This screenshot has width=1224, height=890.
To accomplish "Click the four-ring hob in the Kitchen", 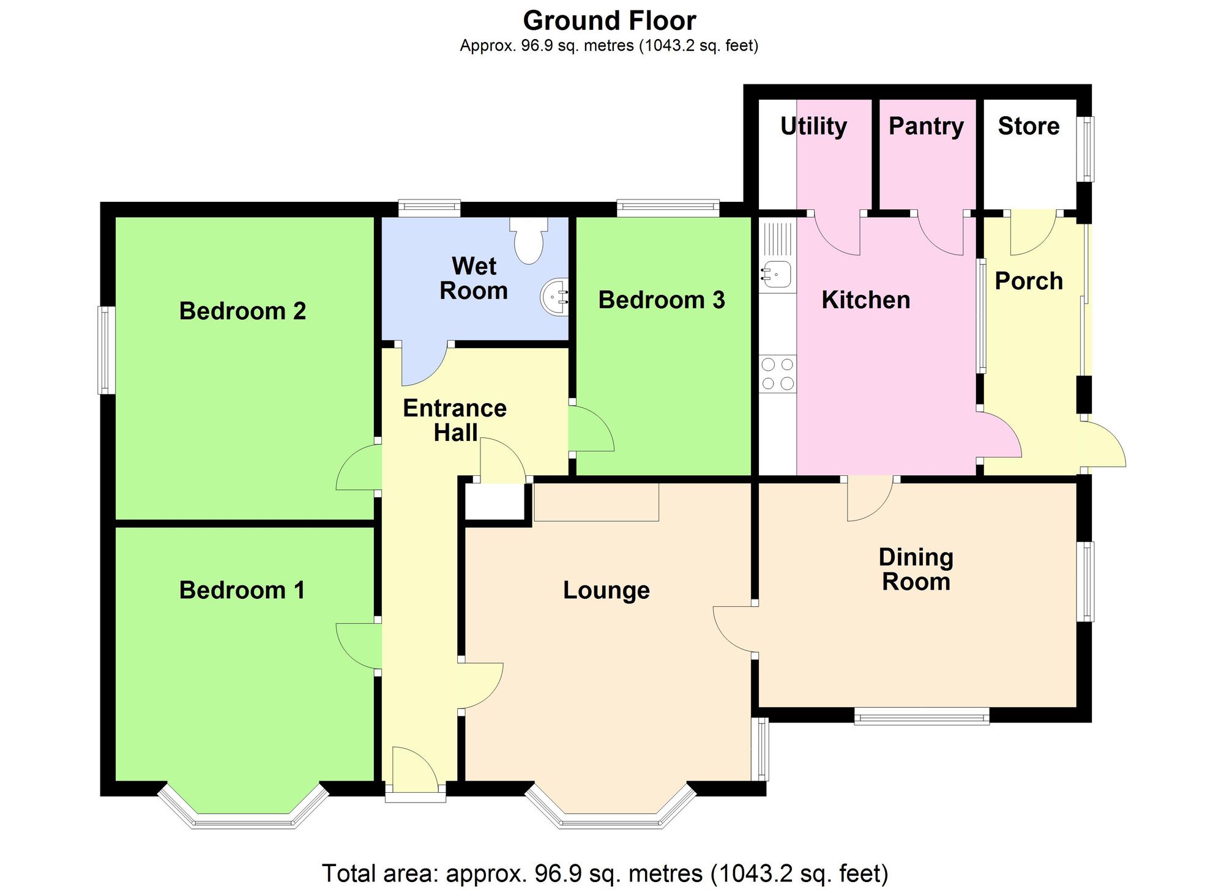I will coord(778,374).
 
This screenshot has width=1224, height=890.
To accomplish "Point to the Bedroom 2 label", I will coord(242,311).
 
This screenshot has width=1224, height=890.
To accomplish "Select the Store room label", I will coord(1028,126).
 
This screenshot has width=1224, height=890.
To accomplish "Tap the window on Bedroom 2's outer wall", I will coord(106,350).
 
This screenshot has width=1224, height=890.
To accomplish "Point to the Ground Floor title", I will coord(609,21).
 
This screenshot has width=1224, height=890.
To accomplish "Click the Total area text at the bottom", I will coord(605,873).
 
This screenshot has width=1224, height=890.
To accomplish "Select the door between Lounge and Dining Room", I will coord(734,630).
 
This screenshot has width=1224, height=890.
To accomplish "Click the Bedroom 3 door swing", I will coord(591,429).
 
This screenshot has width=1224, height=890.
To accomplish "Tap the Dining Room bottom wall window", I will coord(922,716).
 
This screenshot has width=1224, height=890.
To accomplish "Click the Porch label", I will coord(1029,281).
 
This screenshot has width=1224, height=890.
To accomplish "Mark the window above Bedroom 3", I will coord(668,208).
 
